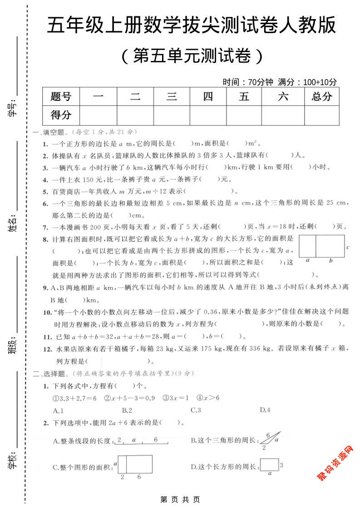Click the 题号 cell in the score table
click(61, 96)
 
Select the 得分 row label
click(61, 115)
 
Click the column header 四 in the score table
click(208, 96)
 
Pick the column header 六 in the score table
click(283, 96)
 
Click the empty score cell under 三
click(171, 115)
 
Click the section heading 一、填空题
click(50, 132)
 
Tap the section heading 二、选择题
click(50, 374)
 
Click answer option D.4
click(265, 410)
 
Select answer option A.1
click(58, 410)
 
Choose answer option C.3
click(196, 410)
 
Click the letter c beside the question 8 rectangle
click(347, 247)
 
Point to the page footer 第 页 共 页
click(180, 499)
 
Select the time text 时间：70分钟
click(248, 82)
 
